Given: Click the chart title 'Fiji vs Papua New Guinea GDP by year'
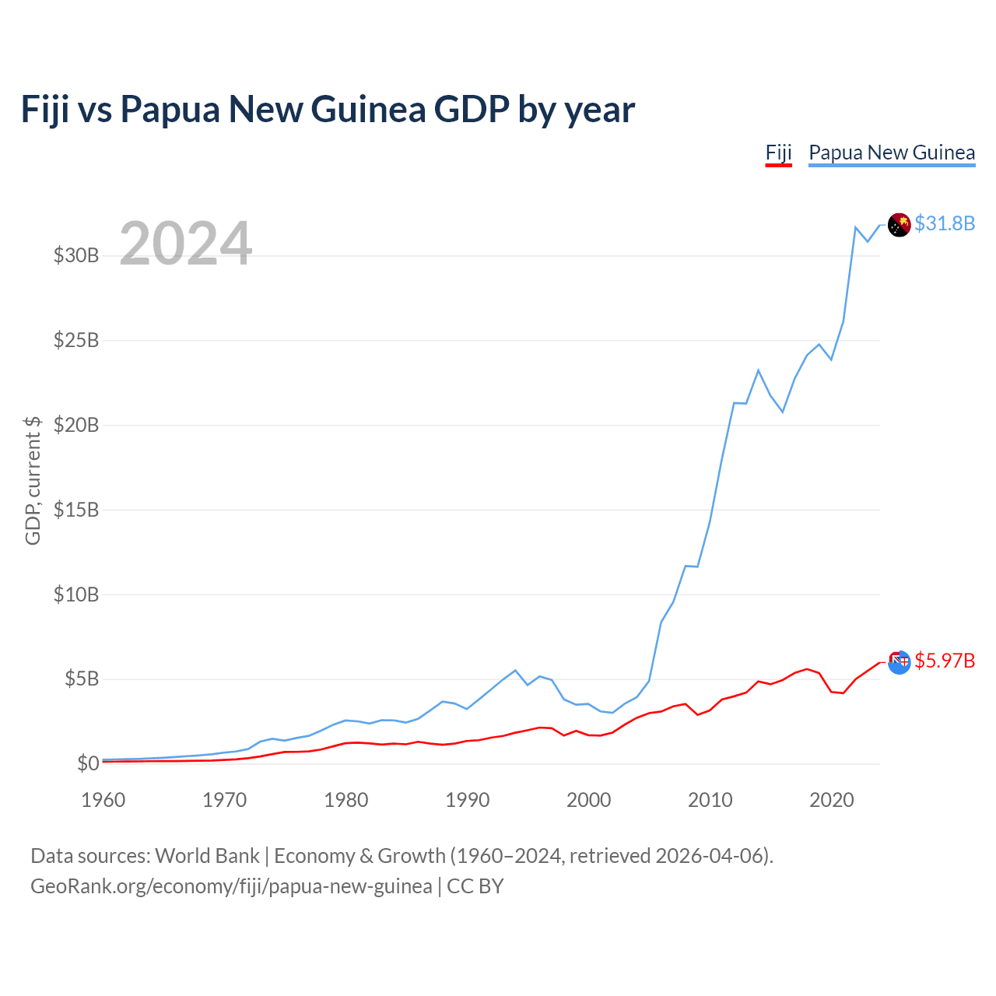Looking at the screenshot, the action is pos(327,110).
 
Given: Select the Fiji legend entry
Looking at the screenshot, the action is pos(778,153).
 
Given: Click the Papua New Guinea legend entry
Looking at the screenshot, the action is pos(892,153).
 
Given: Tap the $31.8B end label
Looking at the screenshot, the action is pos(945,223).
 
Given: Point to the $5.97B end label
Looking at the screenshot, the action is pos(945,661).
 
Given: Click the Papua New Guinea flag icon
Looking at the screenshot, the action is pos(899,225).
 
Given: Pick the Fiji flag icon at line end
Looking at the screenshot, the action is pos(899,662).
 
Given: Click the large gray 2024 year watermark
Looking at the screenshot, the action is pos(185,243).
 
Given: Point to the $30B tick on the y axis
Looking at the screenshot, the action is pos(76,255).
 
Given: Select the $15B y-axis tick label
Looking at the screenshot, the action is pos(76,510).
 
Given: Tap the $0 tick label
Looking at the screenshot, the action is pos(88,763).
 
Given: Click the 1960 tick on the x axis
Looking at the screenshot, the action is pos(103,800).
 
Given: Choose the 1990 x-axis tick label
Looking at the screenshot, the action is pos(467,800).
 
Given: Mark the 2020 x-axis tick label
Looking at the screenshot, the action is pos(831,800).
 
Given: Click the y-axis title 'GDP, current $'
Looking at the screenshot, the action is pos(33,480).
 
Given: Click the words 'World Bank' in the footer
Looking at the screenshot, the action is pos(207,856).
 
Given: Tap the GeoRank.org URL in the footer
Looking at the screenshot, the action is pos(231,886).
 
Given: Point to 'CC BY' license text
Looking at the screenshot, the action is pos(475,886).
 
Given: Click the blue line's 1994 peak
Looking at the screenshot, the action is pos(515,671).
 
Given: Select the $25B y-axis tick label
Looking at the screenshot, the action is pos(76,340).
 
